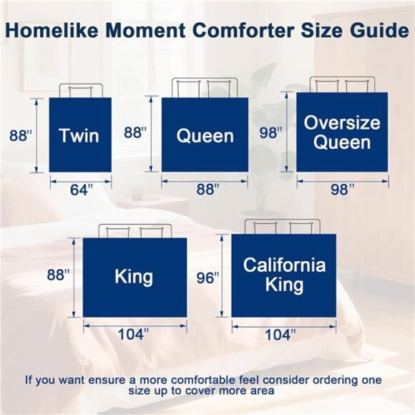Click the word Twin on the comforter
coord(79,135)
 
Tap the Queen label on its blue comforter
coord(205,135)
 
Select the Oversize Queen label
coord(341,132)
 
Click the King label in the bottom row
coord(134,276)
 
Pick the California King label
coord(284,275)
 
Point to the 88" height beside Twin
coord(21,135)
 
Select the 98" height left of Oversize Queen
coord(271,132)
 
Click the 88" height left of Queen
coord(135,132)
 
